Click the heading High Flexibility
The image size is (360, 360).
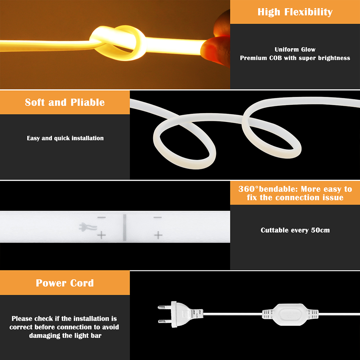295,12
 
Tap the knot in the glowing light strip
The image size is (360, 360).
118,43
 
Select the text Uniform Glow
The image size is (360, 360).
295,49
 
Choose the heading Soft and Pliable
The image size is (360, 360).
65,102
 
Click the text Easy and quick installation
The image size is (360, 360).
65,138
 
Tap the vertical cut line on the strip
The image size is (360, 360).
125,228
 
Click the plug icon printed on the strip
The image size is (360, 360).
88,227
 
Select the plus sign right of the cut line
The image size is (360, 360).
158,235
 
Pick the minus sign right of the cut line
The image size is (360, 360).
158,217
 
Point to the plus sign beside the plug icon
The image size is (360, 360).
102,235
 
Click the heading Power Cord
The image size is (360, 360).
65,283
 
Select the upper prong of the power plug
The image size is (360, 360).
165,307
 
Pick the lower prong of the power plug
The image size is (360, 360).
165,321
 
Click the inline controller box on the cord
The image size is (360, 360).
291,315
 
